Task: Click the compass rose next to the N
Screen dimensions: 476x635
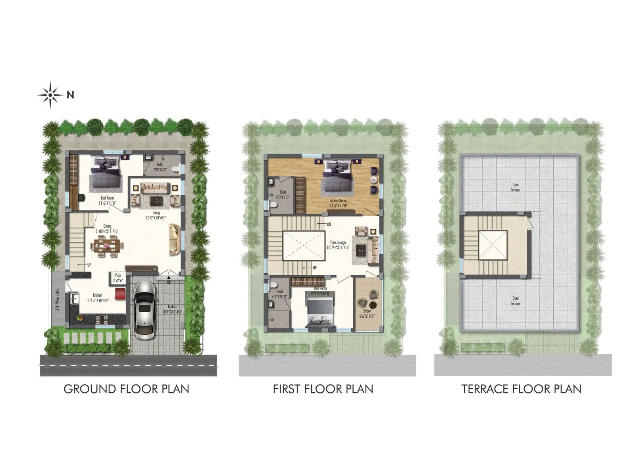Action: (x=50, y=95)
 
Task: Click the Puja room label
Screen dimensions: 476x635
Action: (x=117, y=277)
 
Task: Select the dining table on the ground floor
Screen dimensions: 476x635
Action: (x=106, y=246)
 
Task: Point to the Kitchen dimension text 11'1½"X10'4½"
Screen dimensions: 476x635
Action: (x=98, y=300)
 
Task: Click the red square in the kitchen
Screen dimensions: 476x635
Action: (x=120, y=294)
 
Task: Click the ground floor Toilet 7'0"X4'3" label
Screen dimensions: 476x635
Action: (x=160, y=167)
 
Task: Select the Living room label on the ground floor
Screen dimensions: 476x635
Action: (x=156, y=215)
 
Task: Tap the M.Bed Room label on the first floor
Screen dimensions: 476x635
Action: (x=338, y=203)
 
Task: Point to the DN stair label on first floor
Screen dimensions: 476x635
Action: (x=329, y=224)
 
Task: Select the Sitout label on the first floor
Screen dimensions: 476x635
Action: (x=368, y=313)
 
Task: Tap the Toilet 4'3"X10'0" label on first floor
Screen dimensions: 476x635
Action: (x=280, y=294)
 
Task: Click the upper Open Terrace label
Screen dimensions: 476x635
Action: (x=516, y=187)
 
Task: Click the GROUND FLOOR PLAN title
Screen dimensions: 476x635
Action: (x=126, y=389)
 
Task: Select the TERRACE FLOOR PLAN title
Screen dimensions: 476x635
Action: (x=521, y=389)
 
